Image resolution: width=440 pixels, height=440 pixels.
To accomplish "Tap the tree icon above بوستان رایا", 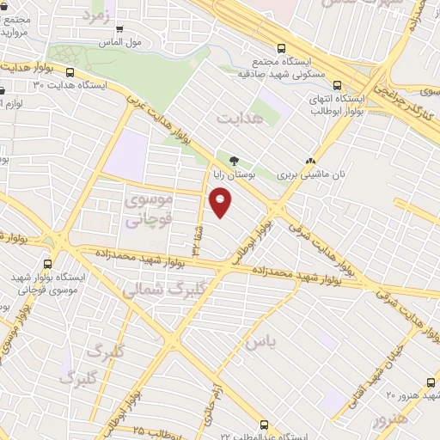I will coord(234,160).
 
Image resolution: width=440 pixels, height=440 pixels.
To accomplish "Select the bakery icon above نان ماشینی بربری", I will coord(311,160).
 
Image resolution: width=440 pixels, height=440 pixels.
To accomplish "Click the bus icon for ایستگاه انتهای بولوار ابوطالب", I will coord(336,85).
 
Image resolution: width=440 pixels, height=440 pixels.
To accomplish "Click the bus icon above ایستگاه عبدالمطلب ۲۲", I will coord(264,424).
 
